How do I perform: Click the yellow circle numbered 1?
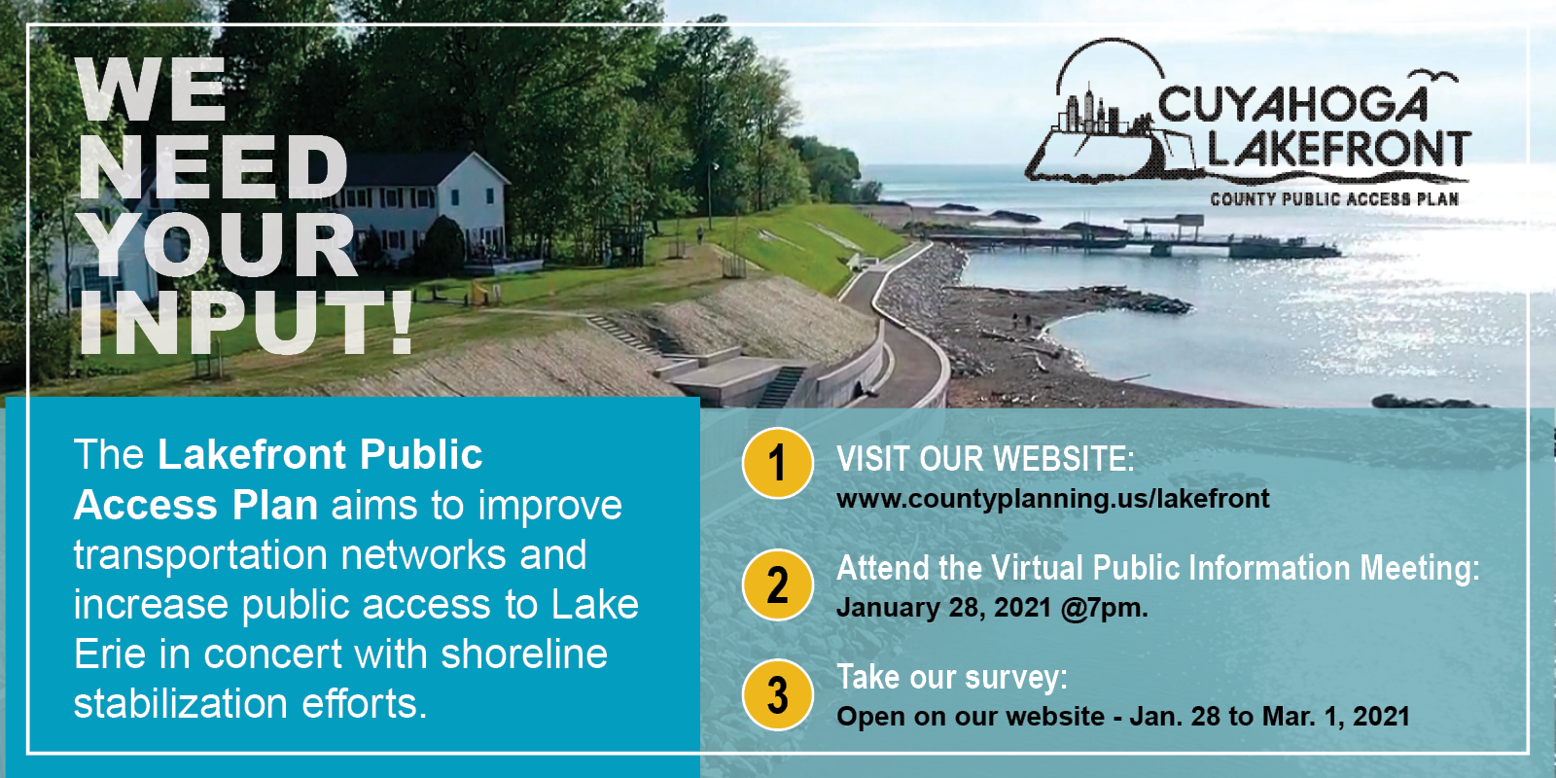777,463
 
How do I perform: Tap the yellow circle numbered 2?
777,584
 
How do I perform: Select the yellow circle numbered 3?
777,694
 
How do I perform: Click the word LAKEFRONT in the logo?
1338,150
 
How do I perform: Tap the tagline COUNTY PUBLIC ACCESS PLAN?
1334,199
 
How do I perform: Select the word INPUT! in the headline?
246,324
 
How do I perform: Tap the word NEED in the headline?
212,168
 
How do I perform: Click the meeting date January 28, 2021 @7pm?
992,608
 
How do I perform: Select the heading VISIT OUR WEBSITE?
985,459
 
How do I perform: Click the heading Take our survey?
952,677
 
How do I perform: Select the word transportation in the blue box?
200,555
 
